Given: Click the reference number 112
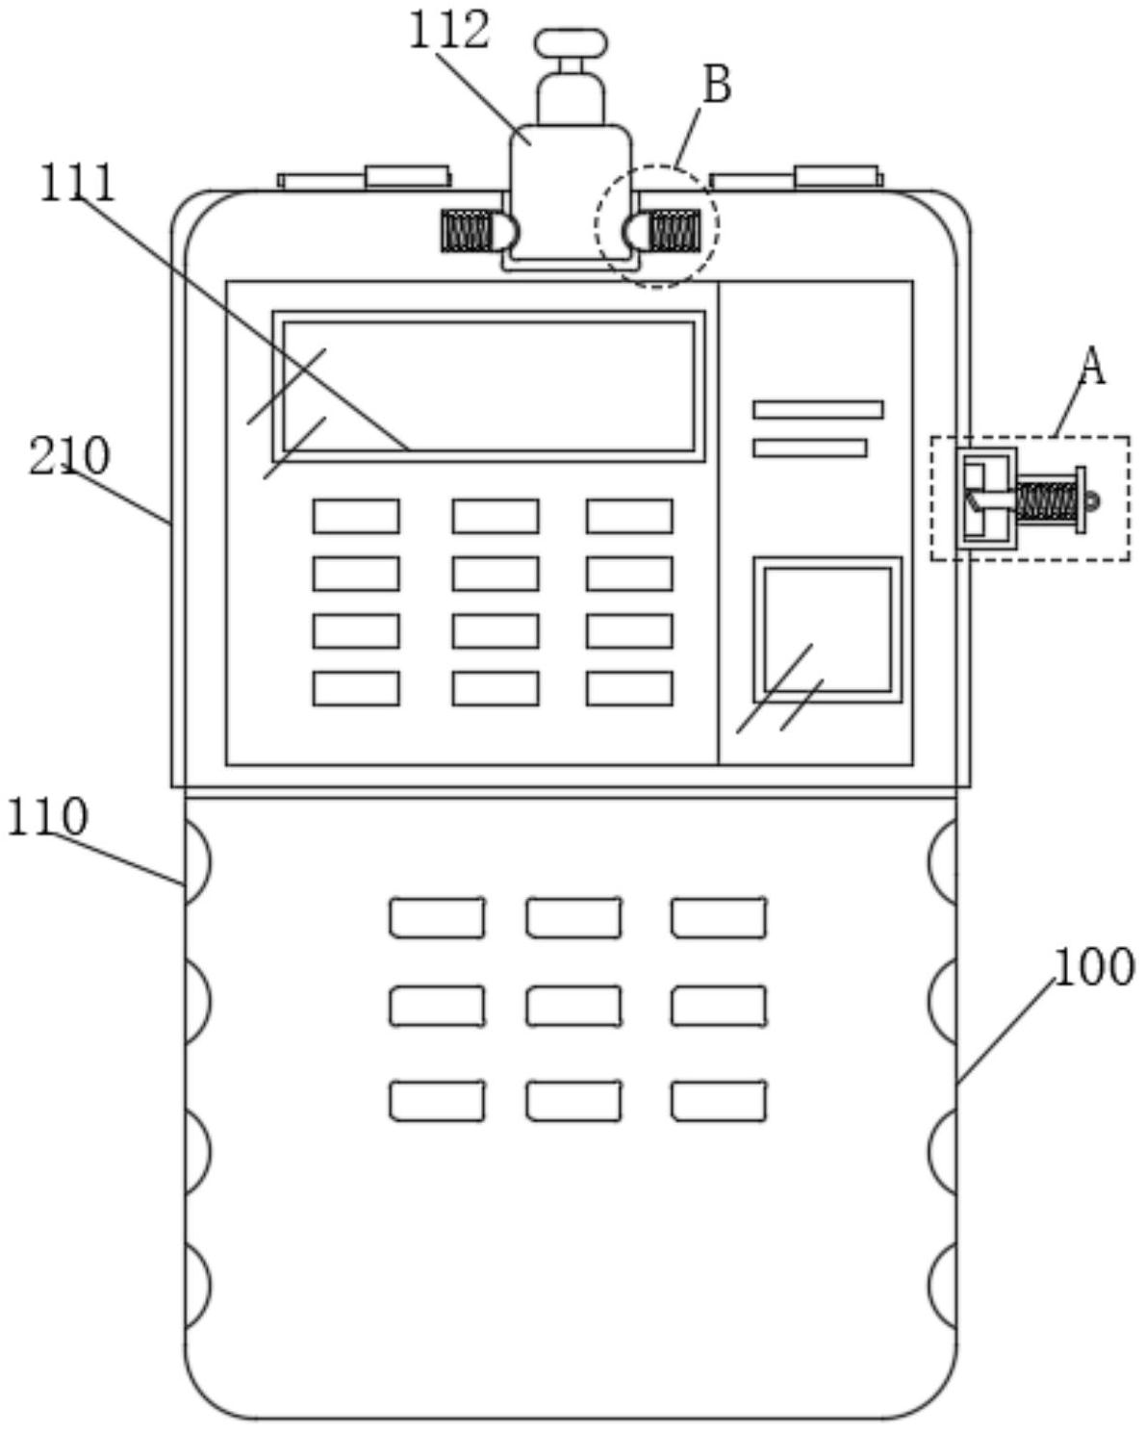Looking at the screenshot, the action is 449,30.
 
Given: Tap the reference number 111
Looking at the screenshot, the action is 78,183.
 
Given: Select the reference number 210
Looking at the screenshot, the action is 68,456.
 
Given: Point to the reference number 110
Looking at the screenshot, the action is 47,816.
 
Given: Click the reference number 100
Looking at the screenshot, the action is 1094,966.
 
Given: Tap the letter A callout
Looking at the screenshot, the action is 1091,366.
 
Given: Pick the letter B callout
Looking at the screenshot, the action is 717,85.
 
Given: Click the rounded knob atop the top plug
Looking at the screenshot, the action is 571,42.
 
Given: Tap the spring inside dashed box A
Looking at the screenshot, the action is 1045,501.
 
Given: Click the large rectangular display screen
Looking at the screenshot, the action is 489,386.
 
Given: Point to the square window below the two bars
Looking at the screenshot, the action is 827,629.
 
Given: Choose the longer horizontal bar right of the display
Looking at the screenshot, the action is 818,409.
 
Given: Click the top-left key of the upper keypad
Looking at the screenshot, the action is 357,517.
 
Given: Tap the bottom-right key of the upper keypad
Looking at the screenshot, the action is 629,688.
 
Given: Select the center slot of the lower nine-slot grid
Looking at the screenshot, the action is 573,1006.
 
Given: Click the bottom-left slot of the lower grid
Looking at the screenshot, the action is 437,1101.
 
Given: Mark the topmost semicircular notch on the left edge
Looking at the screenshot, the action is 197,861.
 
